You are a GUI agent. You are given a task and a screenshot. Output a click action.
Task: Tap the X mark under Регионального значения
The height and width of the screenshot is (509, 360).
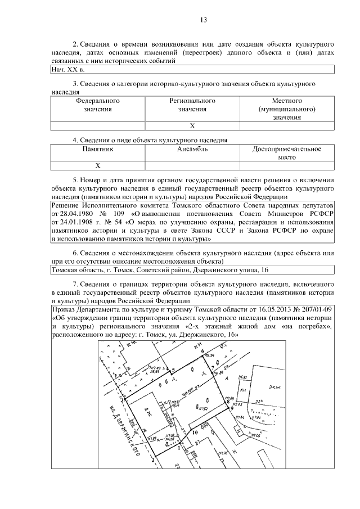click(192, 126)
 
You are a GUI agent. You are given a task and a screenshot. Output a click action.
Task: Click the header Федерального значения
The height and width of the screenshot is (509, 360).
click(98, 105)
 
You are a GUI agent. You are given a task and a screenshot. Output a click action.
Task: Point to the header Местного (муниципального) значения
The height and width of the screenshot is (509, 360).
click(287, 109)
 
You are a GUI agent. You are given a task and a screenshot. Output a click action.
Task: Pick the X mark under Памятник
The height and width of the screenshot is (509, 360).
click(98, 166)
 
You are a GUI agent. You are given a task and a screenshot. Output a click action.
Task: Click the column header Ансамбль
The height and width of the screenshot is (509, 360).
click(192, 149)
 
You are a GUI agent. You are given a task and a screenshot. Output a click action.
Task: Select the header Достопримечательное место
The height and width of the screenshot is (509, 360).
click(287, 153)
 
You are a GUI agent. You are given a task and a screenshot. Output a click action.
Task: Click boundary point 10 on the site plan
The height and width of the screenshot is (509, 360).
click(195, 433)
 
